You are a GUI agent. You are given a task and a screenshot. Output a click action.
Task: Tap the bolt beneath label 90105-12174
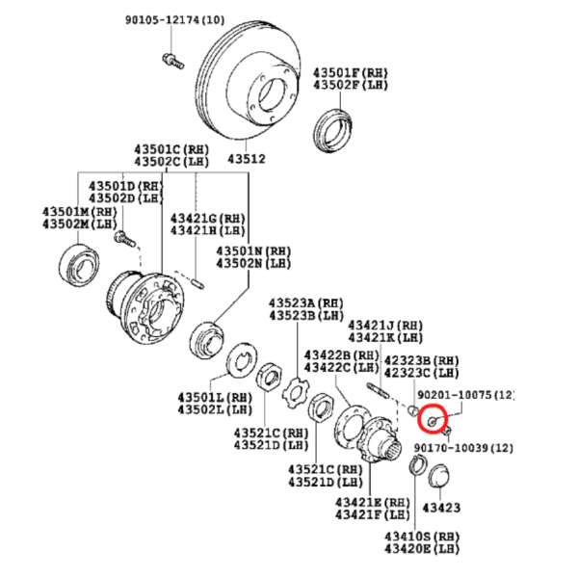tap(172, 62)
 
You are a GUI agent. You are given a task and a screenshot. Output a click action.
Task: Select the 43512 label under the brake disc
tap(247, 159)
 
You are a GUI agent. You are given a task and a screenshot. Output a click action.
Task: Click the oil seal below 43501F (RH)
tap(332, 130)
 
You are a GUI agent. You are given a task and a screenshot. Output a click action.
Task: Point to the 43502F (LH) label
tap(351, 85)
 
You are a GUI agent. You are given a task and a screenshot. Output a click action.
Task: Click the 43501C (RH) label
tap(171, 149)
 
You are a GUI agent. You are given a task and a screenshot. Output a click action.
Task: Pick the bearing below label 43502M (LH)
tap(79, 265)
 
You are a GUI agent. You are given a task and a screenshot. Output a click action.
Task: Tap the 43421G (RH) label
tap(207, 219)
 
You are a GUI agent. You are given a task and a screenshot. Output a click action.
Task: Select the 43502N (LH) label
tap(253, 263)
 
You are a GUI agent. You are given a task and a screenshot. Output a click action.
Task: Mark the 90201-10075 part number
tap(465, 395)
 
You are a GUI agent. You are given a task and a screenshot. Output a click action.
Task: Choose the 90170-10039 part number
tap(463, 448)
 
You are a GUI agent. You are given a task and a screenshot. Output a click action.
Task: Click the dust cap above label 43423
tap(439, 476)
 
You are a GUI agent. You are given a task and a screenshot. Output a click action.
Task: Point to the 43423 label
tap(441, 508)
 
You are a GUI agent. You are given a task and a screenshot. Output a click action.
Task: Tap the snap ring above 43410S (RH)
tap(418, 464)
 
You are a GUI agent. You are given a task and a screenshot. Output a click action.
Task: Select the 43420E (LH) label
tap(422, 549)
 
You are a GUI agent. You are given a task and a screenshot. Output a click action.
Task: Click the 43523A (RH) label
tap(306, 303)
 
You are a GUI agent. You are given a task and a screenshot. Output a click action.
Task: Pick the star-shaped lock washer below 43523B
tap(296, 393)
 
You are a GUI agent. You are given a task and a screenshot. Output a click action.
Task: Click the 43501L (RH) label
tap(215, 397)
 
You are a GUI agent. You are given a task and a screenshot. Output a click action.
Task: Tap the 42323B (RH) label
tap(421, 360)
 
